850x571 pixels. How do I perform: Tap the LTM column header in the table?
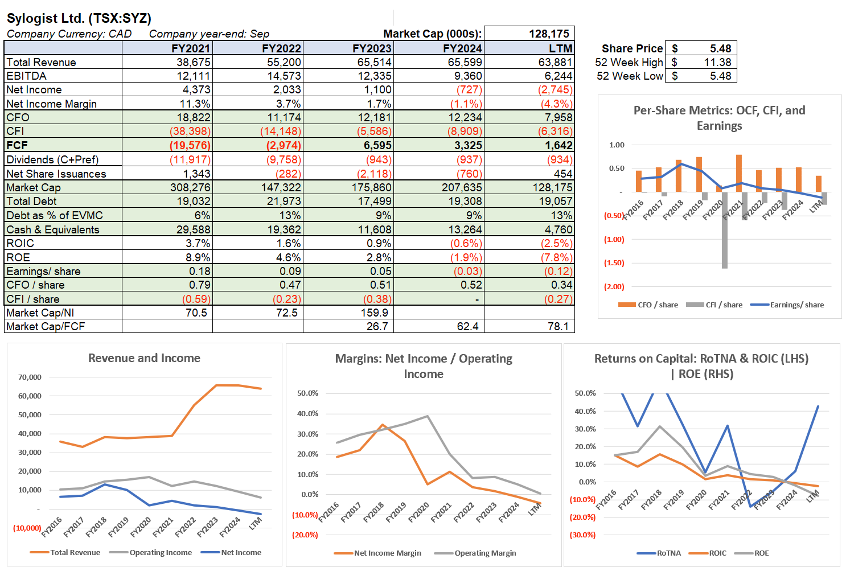(x=560, y=48)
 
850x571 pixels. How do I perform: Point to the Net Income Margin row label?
(x=51, y=104)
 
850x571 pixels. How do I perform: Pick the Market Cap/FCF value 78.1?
(x=558, y=326)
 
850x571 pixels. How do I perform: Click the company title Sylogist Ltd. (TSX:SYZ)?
(x=79, y=18)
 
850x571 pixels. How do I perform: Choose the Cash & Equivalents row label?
(x=53, y=229)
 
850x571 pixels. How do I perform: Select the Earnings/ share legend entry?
(x=796, y=305)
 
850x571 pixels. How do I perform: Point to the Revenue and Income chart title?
(x=144, y=358)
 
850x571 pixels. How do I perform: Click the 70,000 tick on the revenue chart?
(x=30, y=377)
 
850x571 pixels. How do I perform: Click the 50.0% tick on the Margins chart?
(x=307, y=393)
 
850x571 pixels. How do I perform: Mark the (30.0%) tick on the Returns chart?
(x=582, y=535)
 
